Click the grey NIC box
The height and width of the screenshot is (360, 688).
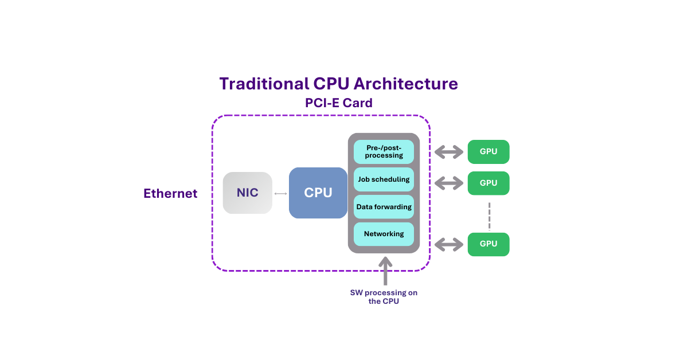point(247,193)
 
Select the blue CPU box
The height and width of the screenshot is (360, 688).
point(318,193)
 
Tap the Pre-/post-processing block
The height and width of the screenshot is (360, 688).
point(384,151)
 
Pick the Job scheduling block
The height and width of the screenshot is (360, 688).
point(384,179)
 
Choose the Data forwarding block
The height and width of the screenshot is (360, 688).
point(384,207)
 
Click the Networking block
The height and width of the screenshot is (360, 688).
point(384,234)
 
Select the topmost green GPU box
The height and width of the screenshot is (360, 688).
point(488,152)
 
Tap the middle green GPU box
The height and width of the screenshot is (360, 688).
point(488,183)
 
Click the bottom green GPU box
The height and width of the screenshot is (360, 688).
point(488,244)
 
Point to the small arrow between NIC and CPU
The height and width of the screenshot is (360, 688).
point(280,194)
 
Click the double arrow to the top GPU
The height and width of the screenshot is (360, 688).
point(449,152)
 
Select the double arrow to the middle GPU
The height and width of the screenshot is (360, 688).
point(449,183)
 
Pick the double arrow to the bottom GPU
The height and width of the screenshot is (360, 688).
point(449,245)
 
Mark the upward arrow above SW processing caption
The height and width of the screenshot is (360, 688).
point(385,271)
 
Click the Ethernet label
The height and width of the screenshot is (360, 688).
point(170,194)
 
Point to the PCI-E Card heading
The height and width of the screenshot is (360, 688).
point(339,103)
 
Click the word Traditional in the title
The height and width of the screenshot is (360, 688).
point(264,84)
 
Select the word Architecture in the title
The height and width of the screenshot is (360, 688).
point(405,84)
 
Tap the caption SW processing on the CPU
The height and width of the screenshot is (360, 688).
point(384,297)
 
